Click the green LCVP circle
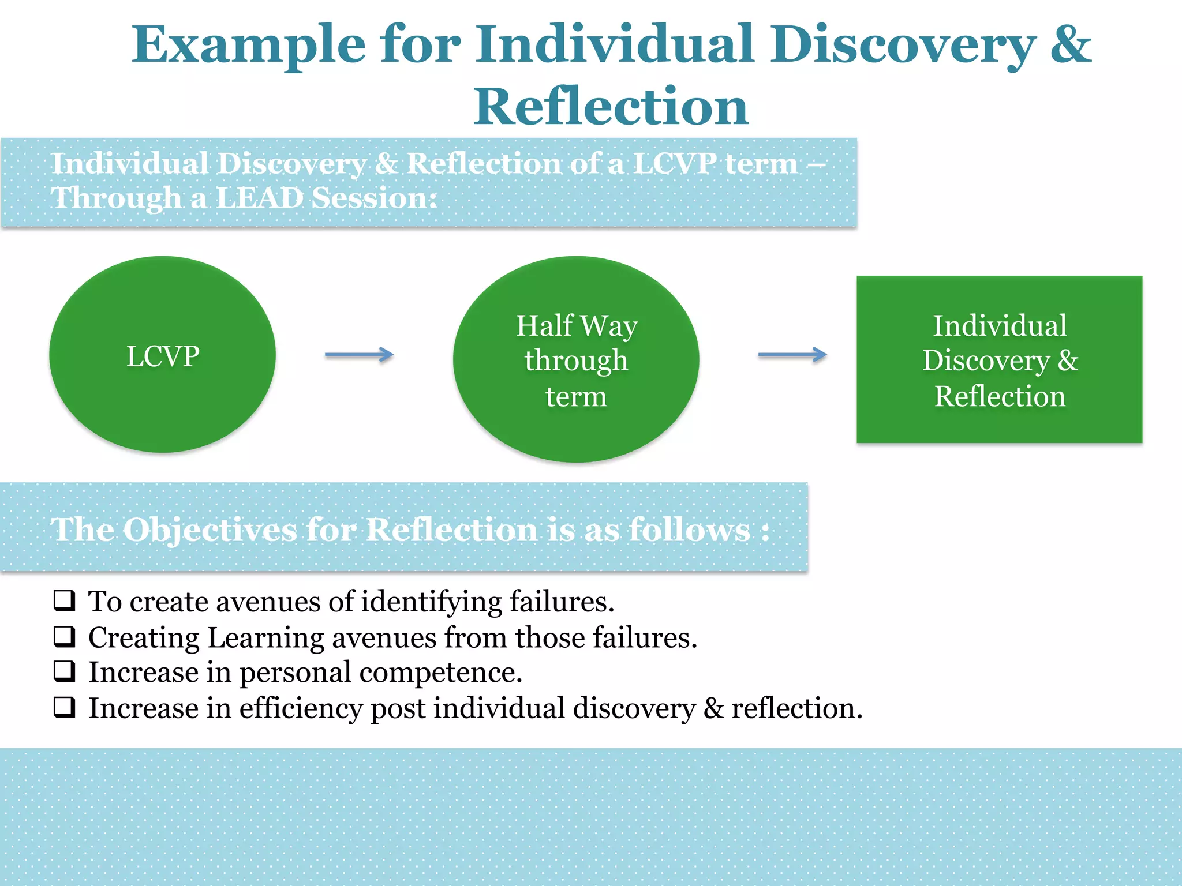pyautogui.click(x=162, y=355)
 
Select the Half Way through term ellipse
pyautogui.click(x=576, y=359)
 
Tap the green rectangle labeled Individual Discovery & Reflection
pyautogui.click(x=999, y=359)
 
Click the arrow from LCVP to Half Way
pyautogui.click(x=359, y=355)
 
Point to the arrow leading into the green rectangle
pyautogui.click(x=792, y=355)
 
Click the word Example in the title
pyautogui.click(x=248, y=46)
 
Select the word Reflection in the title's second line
pyautogui.click(x=611, y=107)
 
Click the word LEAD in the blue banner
pyautogui.click(x=260, y=198)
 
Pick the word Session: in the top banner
pyautogui.click(x=374, y=198)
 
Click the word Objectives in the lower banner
pyautogui.click(x=210, y=530)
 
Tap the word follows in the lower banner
pyautogui.click(x=690, y=530)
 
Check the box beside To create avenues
pyautogui.click(x=65, y=600)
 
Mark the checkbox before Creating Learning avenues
pyautogui.click(x=65, y=636)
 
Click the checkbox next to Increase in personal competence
pyautogui.click(x=65, y=671)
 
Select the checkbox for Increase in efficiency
pyautogui.click(x=65, y=707)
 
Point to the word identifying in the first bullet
pyautogui.click(x=431, y=602)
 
